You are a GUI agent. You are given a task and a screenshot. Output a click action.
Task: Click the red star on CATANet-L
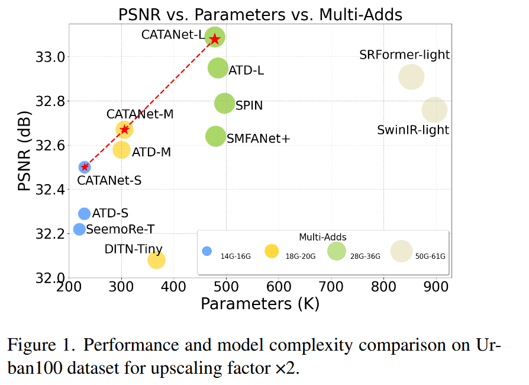(x=215, y=38)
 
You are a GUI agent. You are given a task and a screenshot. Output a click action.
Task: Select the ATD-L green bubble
(x=218, y=68)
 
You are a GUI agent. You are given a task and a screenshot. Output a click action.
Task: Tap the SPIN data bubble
(x=224, y=103)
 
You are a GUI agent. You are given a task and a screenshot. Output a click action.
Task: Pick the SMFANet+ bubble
(x=215, y=136)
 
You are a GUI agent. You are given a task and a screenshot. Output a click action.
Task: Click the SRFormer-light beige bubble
(x=411, y=76)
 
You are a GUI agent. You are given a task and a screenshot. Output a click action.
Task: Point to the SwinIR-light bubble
(x=434, y=110)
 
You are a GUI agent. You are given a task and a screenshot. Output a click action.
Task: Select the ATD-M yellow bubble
(x=121, y=149)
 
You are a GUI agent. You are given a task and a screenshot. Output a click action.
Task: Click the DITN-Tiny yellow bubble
(x=156, y=259)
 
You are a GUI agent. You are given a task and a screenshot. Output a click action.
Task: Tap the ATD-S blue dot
(x=85, y=213)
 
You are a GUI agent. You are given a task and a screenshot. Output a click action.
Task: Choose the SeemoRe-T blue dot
(x=79, y=229)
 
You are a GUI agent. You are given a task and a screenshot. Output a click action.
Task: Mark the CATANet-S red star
(x=85, y=167)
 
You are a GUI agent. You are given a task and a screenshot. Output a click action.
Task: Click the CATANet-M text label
(x=140, y=114)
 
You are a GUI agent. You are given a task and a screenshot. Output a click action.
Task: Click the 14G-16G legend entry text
(x=236, y=256)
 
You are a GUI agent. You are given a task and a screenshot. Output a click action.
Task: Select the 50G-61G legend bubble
(x=401, y=251)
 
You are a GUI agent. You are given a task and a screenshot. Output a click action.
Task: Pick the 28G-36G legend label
(x=365, y=256)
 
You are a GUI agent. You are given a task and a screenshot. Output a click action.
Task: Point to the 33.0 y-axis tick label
(x=50, y=57)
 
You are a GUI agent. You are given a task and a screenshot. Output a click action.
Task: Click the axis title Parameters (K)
(x=260, y=304)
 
